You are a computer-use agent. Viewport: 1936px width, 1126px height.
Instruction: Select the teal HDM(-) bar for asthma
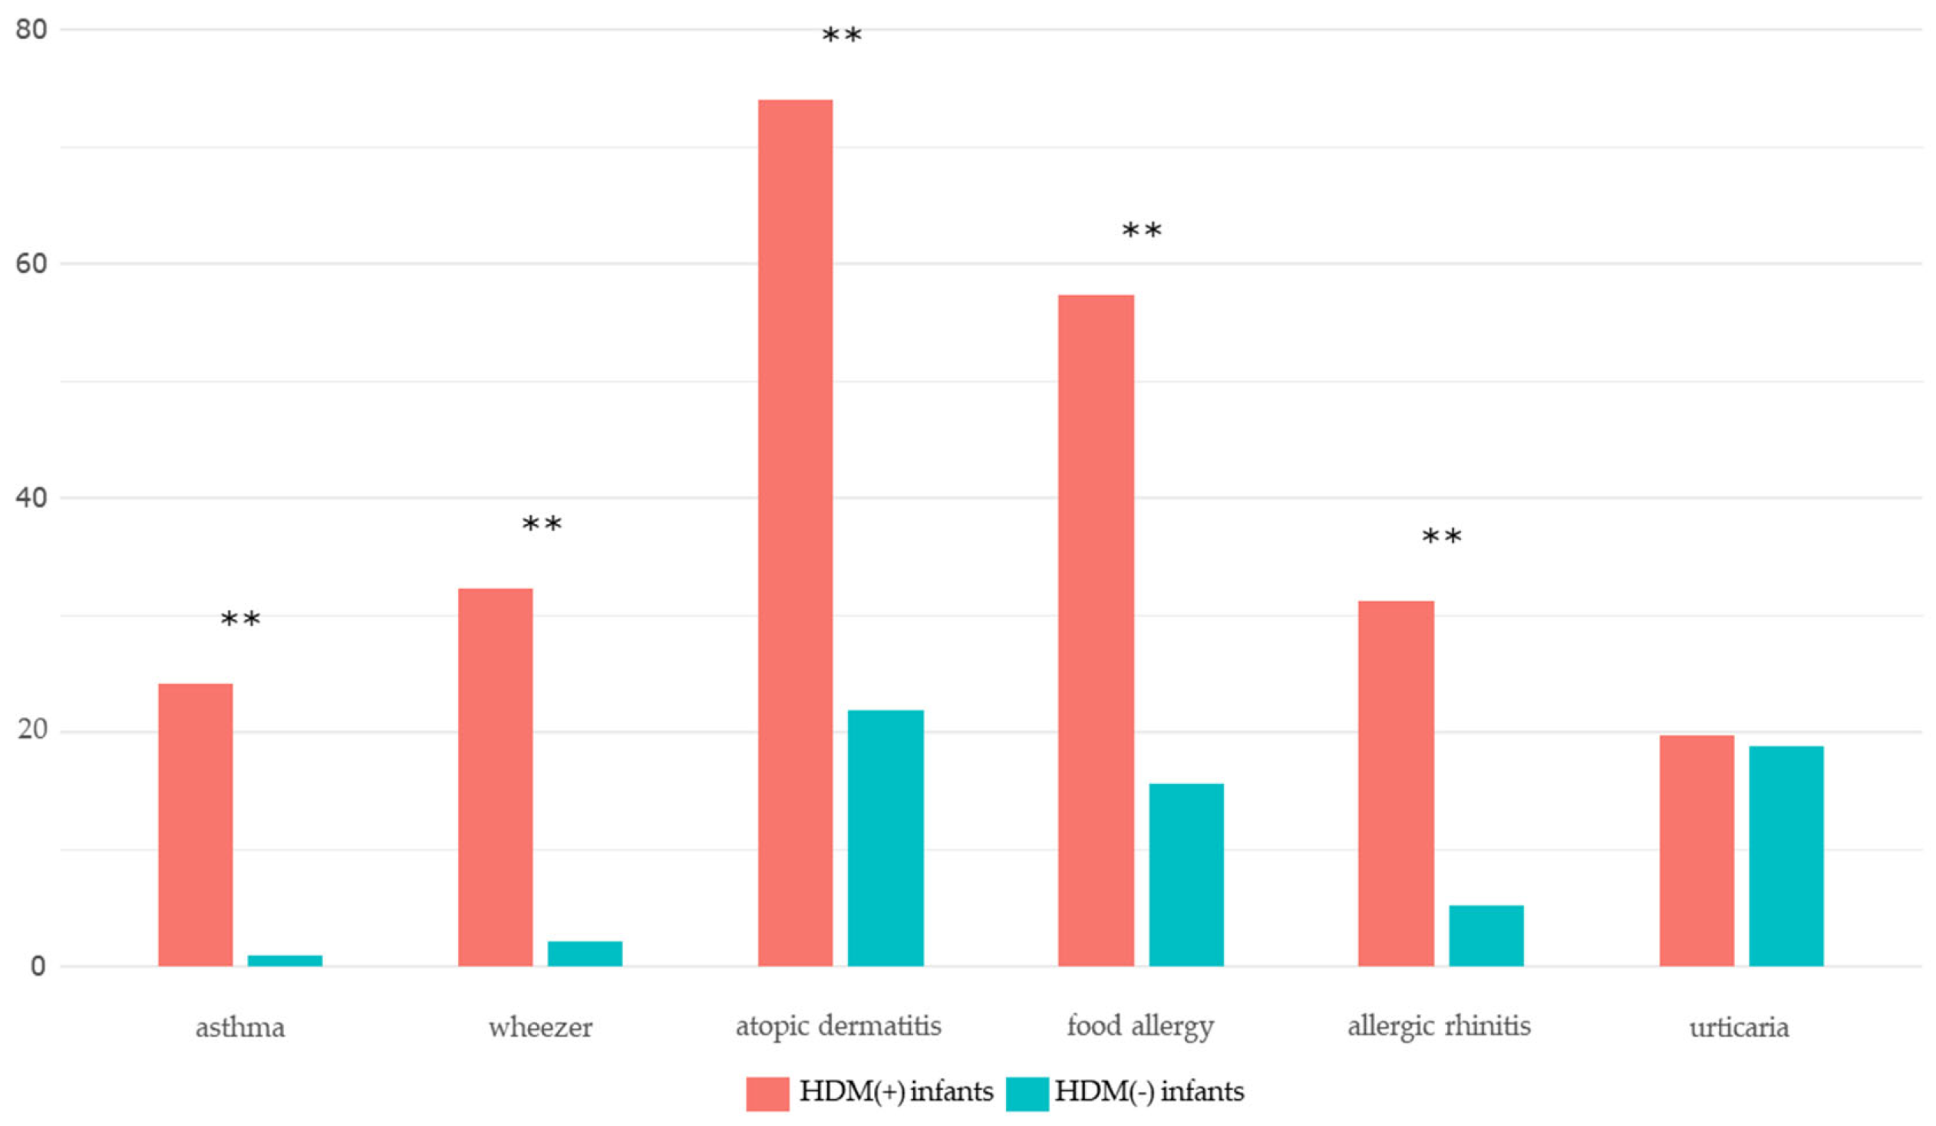(284, 960)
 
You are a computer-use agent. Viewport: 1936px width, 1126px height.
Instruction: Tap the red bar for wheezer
(496, 776)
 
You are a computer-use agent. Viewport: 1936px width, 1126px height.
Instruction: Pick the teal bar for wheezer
(585, 953)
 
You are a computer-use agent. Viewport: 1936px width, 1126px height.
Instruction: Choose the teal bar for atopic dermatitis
(885, 838)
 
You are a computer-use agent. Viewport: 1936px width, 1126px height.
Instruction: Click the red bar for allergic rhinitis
(1396, 782)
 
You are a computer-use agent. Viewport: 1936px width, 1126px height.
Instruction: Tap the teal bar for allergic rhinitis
(1486, 936)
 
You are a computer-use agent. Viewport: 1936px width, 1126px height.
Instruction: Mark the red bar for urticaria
(1697, 851)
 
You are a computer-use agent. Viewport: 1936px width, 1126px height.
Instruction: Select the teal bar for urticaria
(1786, 856)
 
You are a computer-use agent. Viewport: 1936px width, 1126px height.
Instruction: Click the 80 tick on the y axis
(31, 30)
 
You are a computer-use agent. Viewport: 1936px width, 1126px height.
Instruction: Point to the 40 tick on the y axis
(31, 498)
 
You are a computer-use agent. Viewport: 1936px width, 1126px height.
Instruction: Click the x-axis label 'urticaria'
(1740, 1028)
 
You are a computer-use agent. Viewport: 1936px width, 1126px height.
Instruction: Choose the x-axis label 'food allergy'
(1140, 1027)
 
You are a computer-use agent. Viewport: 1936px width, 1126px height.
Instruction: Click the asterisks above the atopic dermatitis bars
(841, 35)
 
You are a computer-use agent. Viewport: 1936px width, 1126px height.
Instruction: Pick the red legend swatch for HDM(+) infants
(767, 1093)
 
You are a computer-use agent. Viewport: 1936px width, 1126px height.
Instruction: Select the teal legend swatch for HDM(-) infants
(1027, 1093)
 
